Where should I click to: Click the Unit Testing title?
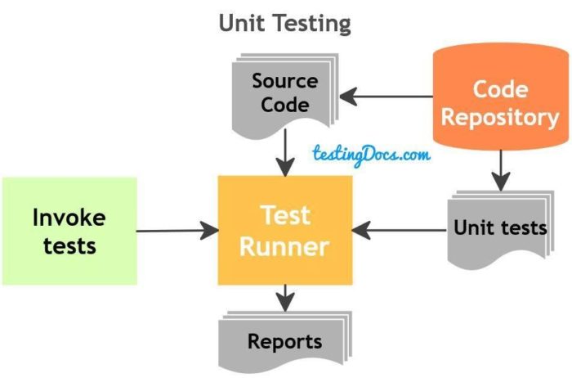pyautogui.click(x=284, y=23)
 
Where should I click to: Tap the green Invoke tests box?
pyautogui.click(x=69, y=231)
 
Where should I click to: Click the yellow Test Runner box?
pyautogui.click(x=284, y=230)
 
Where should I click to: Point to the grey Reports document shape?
pyautogui.click(x=284, y=340)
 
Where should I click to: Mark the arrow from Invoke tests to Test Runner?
pyautogui.click(x=172, y=231)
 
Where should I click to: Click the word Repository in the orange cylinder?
pyautogui.click(x=500, y=117)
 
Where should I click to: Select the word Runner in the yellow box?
pyautogui.click(x=284, y=245)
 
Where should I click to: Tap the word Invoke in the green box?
pyautogui.click(x=69, y=218)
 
